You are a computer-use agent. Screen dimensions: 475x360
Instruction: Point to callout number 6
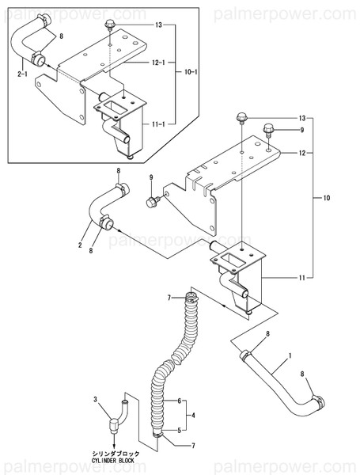(x=181, y=401)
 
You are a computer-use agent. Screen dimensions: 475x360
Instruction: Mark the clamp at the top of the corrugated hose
(x=189, y=298)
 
